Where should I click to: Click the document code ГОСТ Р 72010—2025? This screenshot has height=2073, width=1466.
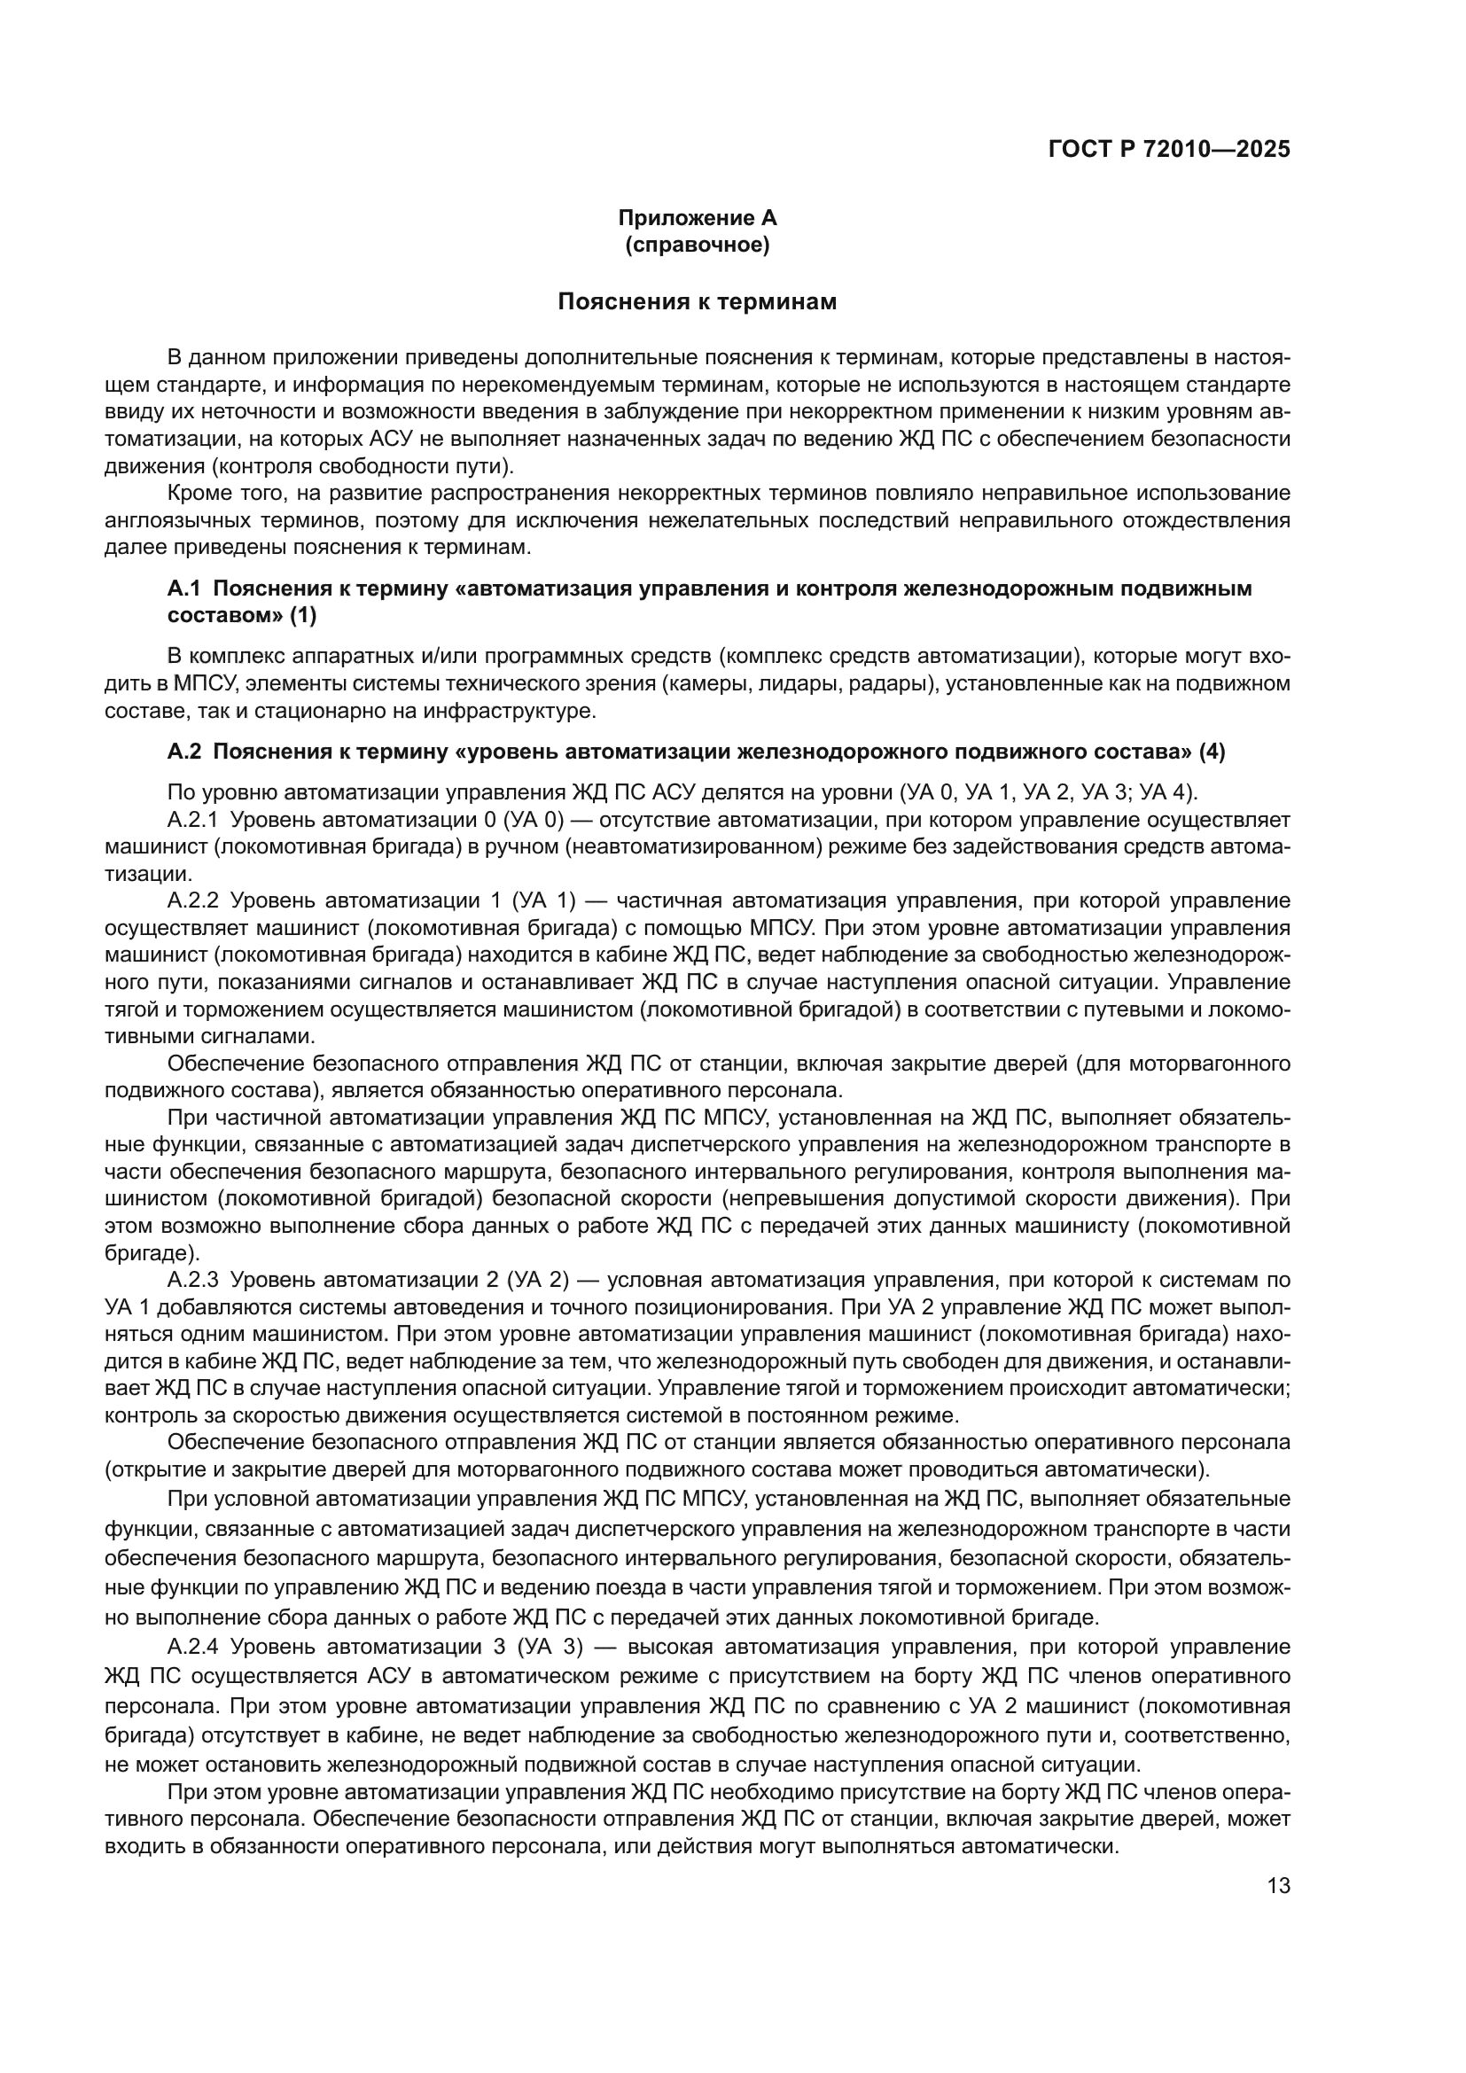click(x=1169, y=150)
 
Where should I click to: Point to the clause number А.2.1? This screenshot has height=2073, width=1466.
click(x=192, y=820)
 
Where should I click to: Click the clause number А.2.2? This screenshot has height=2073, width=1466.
click(x=192, y=900)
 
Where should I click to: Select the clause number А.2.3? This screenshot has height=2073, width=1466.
click(x=192, y=1280)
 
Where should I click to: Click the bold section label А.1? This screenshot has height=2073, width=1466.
click(x=183, y=588)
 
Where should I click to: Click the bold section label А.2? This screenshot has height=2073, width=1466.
click(x=183, y=752)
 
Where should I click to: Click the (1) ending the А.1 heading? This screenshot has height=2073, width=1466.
click(x=303, y=616)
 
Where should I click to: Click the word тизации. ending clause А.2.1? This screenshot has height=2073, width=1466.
click(x=147, y=874)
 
